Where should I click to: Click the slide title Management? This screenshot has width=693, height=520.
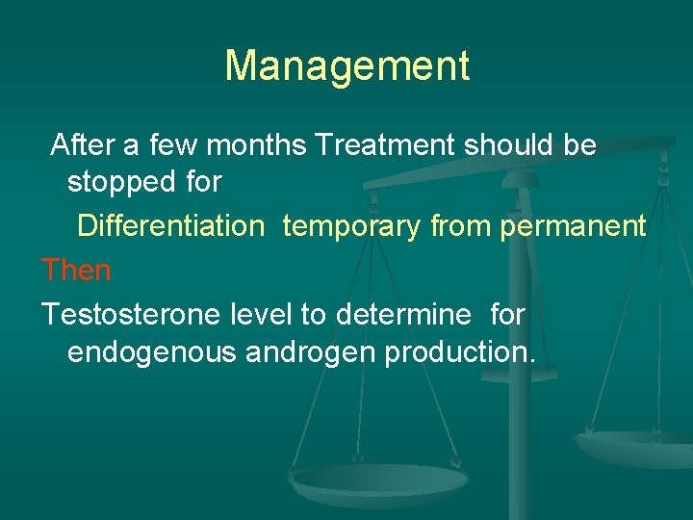pyautogui.click(x=346, y=66)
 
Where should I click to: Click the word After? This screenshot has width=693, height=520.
pyautogui.click(x=84, y=145)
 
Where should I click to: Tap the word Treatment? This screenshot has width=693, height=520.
pyautogui.click(x=385, y=145)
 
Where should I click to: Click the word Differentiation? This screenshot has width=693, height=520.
pyautogui.click(x=170, y=226)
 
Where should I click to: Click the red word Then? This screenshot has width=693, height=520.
pyautogui.click(x=76, y=271)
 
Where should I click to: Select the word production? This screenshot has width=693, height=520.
pyautogui.click(x=459, y=353)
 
